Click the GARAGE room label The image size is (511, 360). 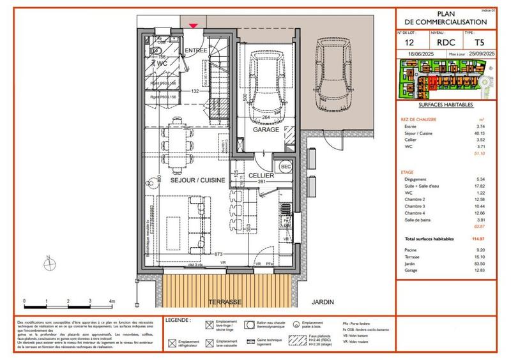point(266,130)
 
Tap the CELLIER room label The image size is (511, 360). point(261,175)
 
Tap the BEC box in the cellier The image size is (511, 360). point(286,165)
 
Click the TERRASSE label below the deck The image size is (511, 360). point(224,301)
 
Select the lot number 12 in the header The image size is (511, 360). point(409,43)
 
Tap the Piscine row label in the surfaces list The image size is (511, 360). point(409,250)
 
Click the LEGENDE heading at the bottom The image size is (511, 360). point(177,319)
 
